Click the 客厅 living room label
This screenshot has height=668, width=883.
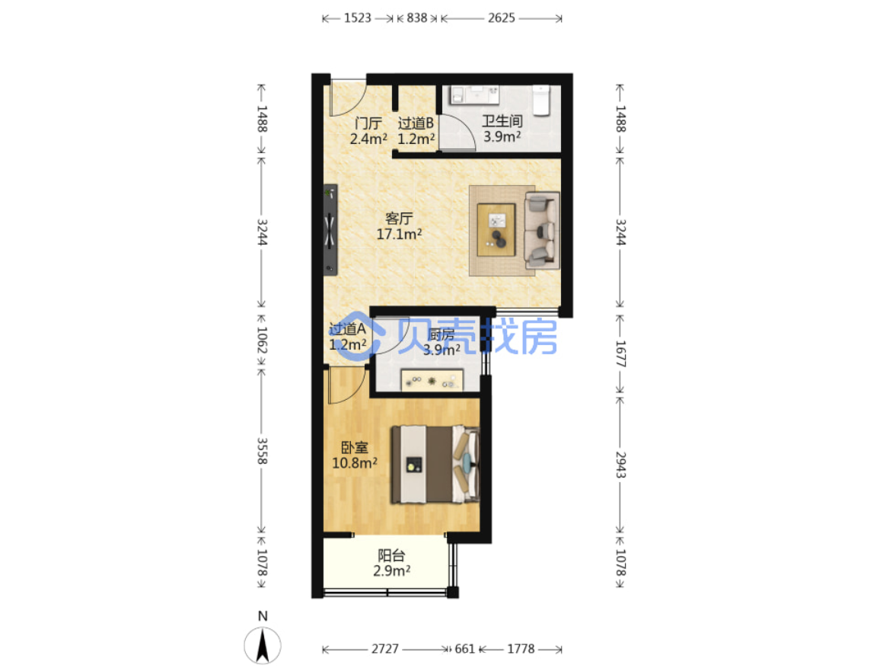[400, 218]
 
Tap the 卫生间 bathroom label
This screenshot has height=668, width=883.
[502, 120]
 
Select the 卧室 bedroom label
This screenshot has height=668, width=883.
[355, 448]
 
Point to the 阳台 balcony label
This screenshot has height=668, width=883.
[391, 555]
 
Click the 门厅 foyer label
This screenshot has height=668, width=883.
[368, 123]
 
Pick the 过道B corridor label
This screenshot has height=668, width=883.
[416, 123]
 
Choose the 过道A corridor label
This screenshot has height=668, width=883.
[347, 328]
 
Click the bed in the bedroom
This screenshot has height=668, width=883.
[435, 465]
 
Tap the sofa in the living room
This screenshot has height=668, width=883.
[542, 231]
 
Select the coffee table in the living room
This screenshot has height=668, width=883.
[496, 230]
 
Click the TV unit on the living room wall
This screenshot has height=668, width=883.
[330, 230]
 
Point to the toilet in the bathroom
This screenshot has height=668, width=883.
[541, 100]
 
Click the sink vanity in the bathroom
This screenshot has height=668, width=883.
[474, 95]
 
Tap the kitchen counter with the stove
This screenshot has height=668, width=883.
[432, 380]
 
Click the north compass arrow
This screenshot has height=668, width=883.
[263, 645]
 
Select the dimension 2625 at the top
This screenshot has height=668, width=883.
[501, 18]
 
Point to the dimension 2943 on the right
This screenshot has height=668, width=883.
[620, 465]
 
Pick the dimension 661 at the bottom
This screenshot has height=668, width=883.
[465, 649]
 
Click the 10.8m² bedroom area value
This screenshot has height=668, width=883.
[355, 463]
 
